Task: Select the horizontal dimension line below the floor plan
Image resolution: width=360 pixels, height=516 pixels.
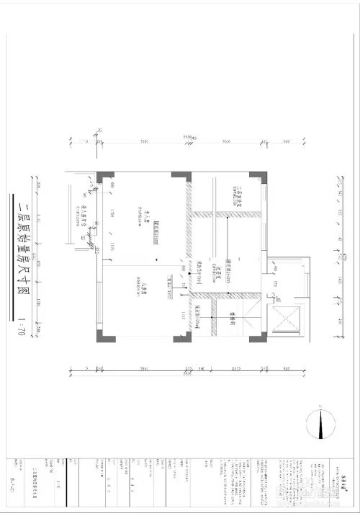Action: tap(180, 371)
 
